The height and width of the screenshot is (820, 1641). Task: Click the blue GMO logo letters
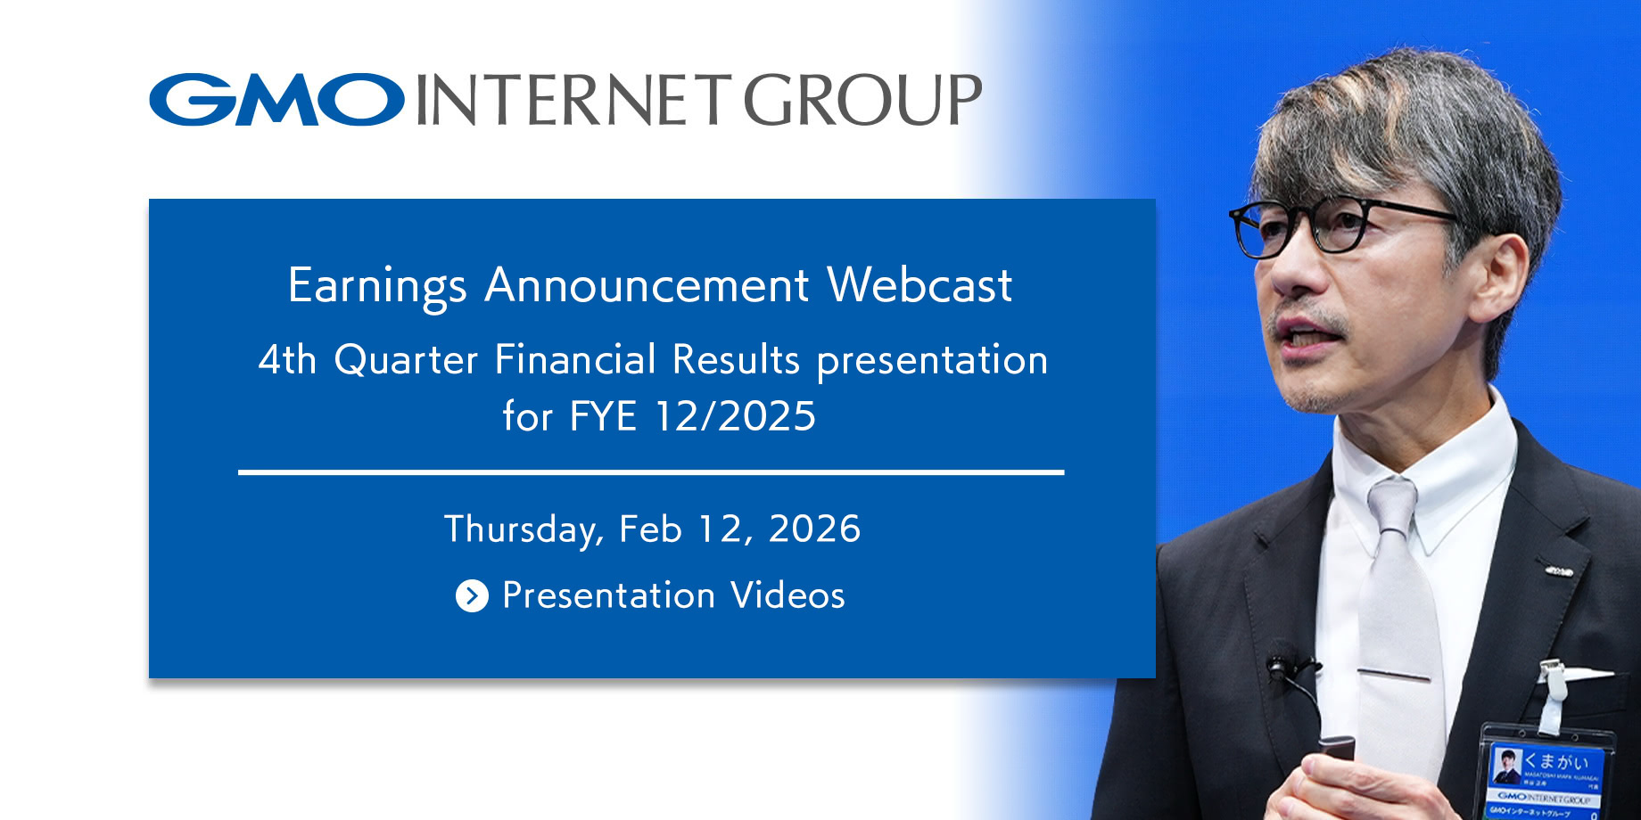click(x=276, y=100)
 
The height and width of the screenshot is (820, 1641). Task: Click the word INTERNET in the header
click(x=573, y=100)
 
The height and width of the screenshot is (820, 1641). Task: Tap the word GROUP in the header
click(x=862, y=100)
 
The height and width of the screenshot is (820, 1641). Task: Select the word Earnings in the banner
click(x=377, y=287)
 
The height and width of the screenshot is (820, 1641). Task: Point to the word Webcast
click(x=919, y=285)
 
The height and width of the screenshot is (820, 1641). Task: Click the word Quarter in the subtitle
click(x=406, y=361)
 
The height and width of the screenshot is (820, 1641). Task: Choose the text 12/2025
click(x=735, y=416)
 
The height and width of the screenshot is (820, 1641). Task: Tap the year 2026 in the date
click(x=814, y=529)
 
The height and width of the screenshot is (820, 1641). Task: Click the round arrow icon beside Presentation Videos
click(x=472, y=595)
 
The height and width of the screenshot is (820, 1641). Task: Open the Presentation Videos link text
click(x=673, y=595)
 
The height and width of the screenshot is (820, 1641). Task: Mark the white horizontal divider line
click(x=651, y=472)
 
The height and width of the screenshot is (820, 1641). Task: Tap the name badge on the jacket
click(x=1547, y=775)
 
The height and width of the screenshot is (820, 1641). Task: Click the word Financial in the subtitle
click(x=575, y=360)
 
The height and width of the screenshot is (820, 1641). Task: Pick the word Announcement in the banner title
click(x=647, y=285)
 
